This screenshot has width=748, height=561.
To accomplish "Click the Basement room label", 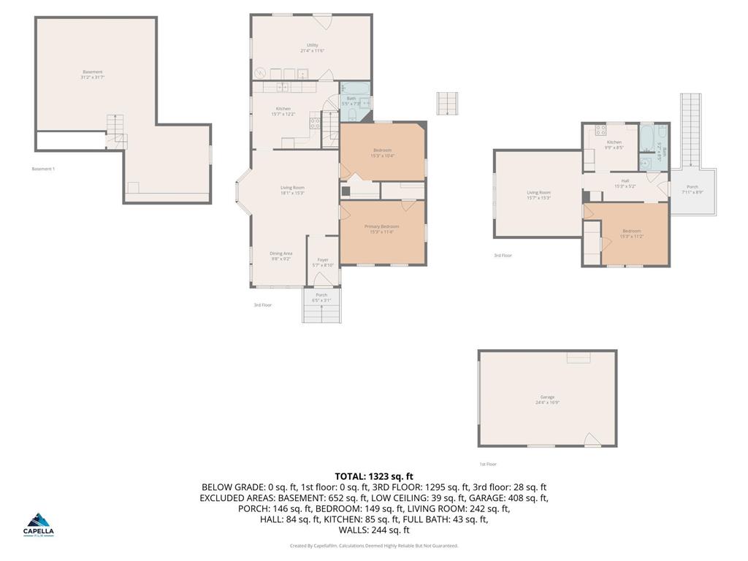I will [93, 75].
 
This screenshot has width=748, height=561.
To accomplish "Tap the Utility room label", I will [312, 47].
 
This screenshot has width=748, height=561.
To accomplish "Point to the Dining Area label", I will [282, 256].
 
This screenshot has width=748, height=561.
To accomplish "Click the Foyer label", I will [322, 262].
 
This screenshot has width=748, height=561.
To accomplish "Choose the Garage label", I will [547, 399].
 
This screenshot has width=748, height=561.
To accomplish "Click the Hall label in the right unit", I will [625, 183].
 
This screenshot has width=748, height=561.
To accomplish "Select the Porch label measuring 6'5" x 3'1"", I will [321, 297].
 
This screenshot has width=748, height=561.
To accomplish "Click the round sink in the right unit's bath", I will [646, 163].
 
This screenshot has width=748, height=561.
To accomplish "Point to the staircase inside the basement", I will [115, 131].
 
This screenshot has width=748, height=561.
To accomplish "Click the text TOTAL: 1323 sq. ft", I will [373, 476].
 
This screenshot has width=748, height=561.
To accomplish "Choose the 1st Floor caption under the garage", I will [488, 464].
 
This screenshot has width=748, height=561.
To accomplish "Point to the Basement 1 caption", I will [43, 169].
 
